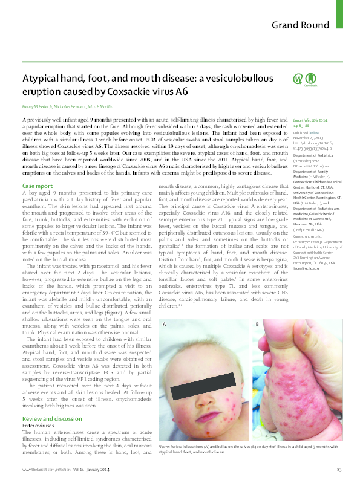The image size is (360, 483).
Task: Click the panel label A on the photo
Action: (x=164, y=325)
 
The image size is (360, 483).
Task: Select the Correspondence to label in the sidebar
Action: (x=309, y=236)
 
